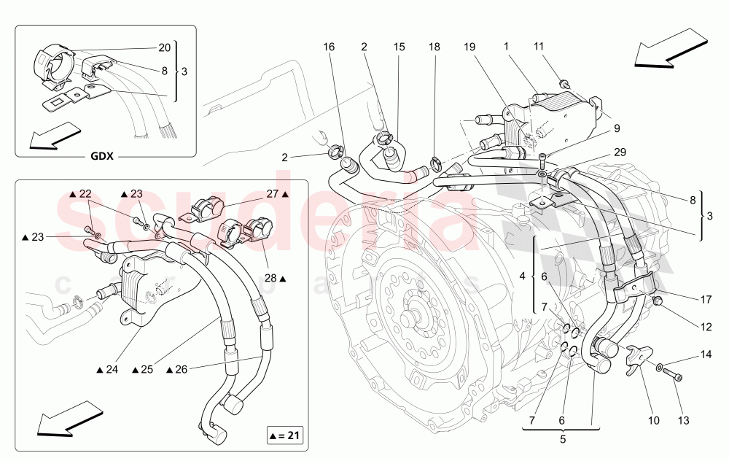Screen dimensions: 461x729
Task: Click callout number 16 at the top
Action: click(329, 47)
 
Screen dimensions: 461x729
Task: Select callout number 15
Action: click(399, 47)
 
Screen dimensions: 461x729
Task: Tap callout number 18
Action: click(434, 47)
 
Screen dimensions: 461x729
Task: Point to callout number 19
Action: click(469, 47)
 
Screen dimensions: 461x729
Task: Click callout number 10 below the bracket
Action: click(653, 420)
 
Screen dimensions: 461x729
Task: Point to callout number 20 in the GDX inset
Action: click(164, 48)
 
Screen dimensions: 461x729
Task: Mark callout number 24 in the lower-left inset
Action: click(111, 369)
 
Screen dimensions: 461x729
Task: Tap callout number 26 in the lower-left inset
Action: click(182, 369)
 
